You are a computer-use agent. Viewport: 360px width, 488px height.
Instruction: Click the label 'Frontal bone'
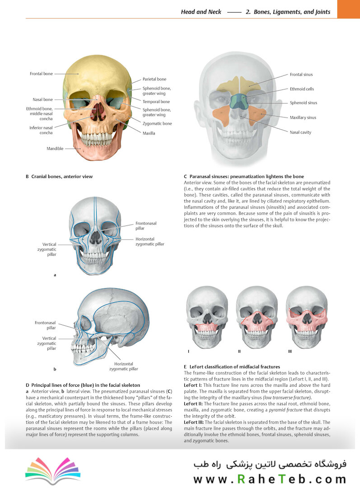coord(41,74)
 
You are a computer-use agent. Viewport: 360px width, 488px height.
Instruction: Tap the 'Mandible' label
coord(55,149)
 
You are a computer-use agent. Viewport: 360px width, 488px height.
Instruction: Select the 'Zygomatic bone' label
coord(157,123)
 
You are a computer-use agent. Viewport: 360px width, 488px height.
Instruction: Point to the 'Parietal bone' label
coord(154,79)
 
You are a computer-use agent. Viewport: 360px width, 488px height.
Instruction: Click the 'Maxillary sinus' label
coord(303,117)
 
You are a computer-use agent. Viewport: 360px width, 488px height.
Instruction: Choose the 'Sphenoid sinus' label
coord(304,103)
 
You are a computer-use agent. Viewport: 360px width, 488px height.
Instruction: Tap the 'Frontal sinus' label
coord(301,75)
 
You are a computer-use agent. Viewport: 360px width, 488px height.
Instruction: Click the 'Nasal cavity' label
coord(300,132)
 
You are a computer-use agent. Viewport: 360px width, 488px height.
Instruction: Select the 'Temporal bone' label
coord(156,102)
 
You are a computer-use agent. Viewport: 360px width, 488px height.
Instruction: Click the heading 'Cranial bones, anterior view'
coord(62,177)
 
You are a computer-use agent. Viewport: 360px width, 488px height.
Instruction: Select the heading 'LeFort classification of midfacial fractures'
coord(234,366)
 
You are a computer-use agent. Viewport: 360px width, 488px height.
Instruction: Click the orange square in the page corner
coord(349,9)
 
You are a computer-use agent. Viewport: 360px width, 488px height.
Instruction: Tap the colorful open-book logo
coord(53,470)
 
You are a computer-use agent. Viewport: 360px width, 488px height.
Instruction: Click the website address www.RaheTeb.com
coord(270,479)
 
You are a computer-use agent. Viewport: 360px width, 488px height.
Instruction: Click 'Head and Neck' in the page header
coord(201,12)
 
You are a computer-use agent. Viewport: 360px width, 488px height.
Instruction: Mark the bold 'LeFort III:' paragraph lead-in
coord(194,422)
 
